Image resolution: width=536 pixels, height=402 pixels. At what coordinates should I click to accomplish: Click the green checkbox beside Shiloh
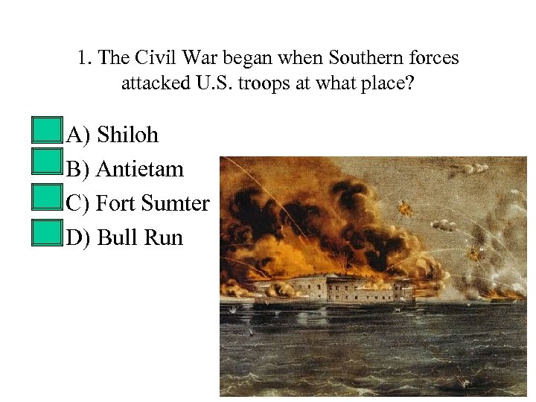[48, 130]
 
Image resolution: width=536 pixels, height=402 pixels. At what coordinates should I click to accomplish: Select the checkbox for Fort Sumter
[48, 198]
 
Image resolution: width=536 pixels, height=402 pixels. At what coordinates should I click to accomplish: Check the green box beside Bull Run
[48, 232]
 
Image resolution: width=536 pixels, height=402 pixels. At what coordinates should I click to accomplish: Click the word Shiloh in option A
[127, 135]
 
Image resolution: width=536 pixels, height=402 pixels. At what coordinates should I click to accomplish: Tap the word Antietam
[140, 169]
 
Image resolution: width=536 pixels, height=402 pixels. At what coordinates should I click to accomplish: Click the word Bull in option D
[115, 237]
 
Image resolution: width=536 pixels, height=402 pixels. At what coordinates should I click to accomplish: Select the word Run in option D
[163, 237]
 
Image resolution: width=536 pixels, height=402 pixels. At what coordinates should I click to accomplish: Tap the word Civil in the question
[155, 58]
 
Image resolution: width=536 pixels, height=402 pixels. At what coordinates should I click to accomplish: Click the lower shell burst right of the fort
[473, 255]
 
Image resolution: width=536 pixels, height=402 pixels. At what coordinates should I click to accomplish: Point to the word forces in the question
[433, 58]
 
